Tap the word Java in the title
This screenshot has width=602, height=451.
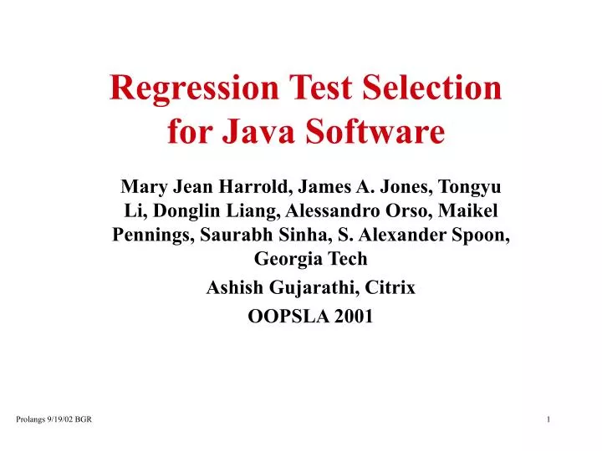(258, 131)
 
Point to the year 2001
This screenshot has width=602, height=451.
(354, 317)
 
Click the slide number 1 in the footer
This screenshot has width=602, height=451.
(548, 418)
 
